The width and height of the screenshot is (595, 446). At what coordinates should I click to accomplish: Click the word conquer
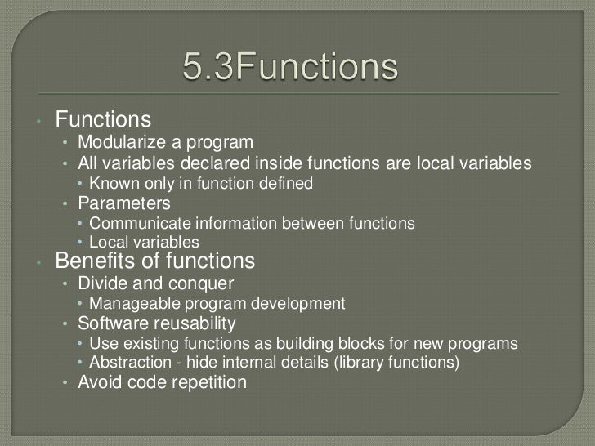pyautogui.click(x=200, y=283)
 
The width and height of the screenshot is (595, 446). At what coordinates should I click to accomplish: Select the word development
pyautogui.click(x=300, y=304)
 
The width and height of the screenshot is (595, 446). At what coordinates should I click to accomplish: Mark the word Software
pyautogui.click(x=110, y=323)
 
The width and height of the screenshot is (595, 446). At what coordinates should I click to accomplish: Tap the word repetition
pyautogui.click(x=205, y=381)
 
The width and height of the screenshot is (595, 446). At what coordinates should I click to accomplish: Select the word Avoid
pyautogui.click(x=98, y=381)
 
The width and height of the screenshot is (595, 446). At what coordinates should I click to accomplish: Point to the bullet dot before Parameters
pyautogui.click(x=66, y=203)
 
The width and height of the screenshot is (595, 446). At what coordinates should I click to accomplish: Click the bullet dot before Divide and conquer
pyautogui.click(x=66, y=284)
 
